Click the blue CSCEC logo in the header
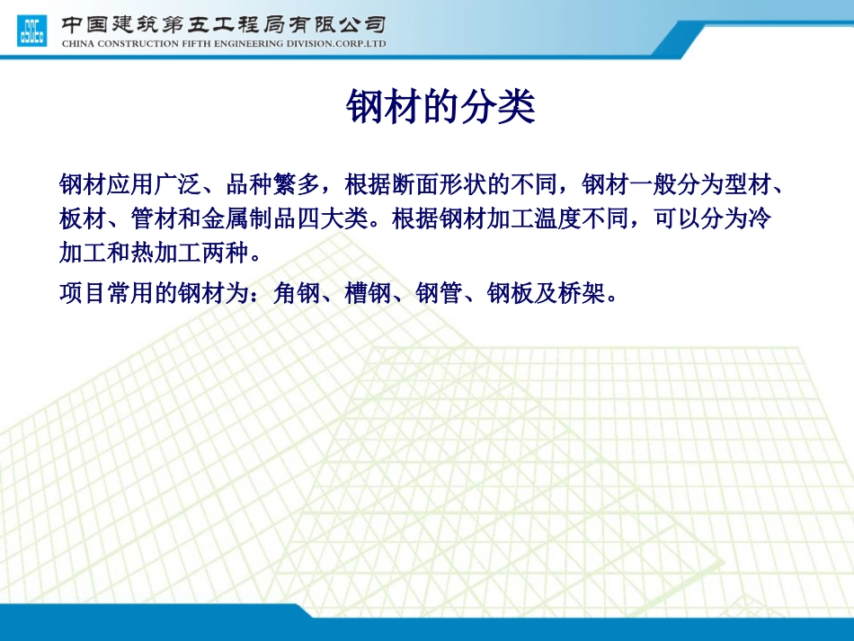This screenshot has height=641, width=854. [x=31, y=31]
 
